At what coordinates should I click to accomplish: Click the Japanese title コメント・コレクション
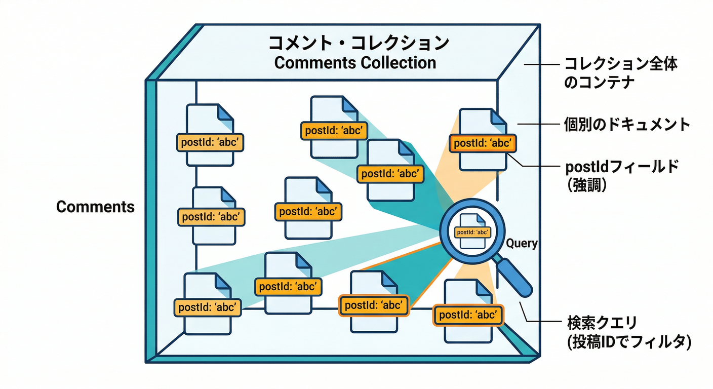point(358,43)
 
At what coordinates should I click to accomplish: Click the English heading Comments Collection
point(355,63)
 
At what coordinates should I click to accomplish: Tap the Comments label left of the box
point(95,207)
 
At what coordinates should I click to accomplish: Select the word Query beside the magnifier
point(522,244)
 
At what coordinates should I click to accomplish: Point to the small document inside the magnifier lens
point(472,231)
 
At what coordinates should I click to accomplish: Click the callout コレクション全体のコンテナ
point(620,73)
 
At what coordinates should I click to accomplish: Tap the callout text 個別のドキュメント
point(627,125)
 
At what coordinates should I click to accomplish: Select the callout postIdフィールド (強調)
point(621,175)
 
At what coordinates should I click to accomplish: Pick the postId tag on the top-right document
point(483,143)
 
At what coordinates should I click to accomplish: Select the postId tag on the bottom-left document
point(207,307)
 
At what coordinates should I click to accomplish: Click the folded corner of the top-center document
point(349,105)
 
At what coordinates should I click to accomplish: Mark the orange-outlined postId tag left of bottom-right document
point(373,305)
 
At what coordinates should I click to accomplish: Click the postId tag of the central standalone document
point(307,211)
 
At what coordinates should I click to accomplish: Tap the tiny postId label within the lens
point(472,232)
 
